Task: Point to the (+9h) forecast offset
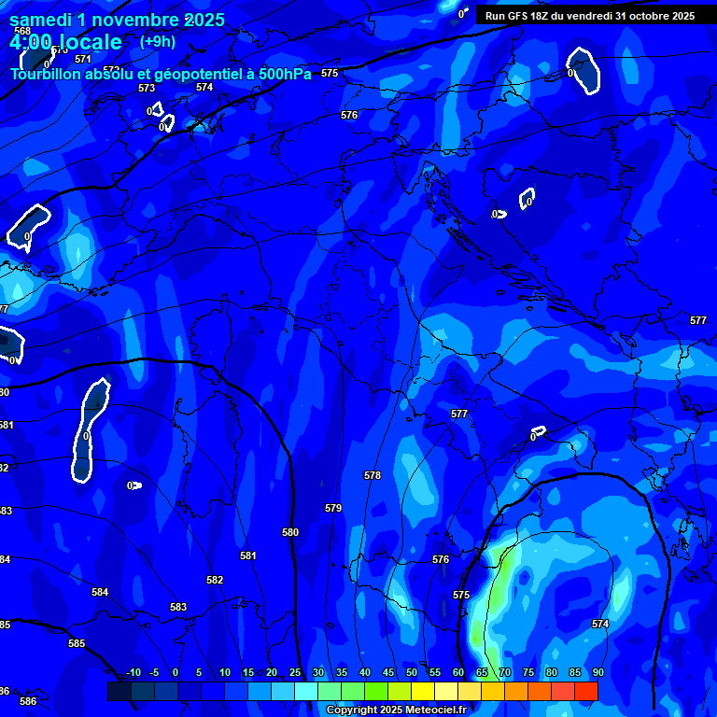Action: [158, 41]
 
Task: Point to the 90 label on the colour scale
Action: [597, 672]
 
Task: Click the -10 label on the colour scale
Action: [134, 672]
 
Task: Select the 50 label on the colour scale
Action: [412, 672]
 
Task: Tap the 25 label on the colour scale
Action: [295, 672]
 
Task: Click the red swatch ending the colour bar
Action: [585, 691]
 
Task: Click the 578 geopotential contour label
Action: [373, 475]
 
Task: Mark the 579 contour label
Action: [333, 508]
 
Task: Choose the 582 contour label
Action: [215, 580]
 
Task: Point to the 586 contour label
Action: [28, 701]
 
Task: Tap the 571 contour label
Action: [83, 59]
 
